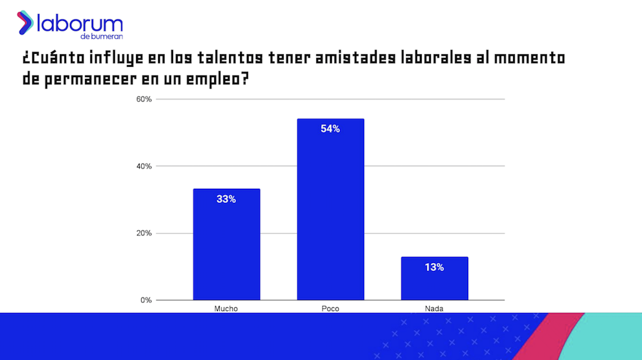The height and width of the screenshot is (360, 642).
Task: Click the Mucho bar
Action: (226, 244)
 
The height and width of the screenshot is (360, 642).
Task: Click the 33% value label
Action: (226, 199)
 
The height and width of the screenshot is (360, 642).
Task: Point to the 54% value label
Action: (330, 129)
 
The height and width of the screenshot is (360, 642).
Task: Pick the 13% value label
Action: (434, 267)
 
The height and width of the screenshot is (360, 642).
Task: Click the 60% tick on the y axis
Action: (144, 99)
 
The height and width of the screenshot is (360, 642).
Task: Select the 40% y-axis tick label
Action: (144, 166)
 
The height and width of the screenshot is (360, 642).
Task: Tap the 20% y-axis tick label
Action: (144, 233)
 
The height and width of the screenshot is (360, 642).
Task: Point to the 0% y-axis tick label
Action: (146, 300)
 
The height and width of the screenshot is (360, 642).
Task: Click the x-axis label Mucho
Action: (226, 309)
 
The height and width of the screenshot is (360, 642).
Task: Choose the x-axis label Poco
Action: (330, 309)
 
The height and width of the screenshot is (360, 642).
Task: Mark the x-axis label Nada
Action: (434, 309)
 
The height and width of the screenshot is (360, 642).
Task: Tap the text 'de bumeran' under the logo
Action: (101, 37)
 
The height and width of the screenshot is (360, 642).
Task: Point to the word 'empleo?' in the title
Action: (217, 79)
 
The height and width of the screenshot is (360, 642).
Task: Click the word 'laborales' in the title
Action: (436, 58)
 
